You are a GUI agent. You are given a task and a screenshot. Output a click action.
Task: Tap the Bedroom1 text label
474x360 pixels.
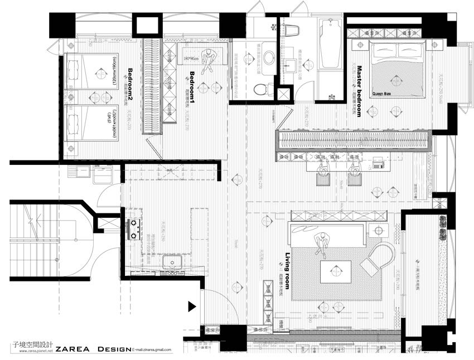[x=193, y=87]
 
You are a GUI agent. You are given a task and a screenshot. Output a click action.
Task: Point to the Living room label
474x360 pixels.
[x=288, y=270]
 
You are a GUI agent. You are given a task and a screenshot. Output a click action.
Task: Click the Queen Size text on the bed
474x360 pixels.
[x=382, y=94]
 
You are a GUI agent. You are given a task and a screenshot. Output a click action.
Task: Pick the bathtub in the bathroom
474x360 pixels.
[x=331, y=44]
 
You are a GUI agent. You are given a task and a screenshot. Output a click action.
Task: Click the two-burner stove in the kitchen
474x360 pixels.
[x=134, y=229]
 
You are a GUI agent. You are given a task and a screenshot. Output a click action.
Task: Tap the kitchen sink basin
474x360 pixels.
[x=172, y=261]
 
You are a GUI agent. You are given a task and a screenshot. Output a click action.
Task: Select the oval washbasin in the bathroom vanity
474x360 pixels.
[x=269, y=58]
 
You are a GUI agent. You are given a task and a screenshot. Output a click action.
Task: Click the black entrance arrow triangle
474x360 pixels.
[x=192, y=306]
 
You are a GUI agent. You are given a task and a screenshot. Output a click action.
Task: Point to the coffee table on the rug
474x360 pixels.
[x=335, y=271]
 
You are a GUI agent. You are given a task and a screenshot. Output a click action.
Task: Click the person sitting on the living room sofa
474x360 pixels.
[x=321, y=243]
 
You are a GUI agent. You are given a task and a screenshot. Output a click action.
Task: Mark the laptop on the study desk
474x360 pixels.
[x=379, y=163]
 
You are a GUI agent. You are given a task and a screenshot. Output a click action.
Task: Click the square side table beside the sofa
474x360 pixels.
[x=379, y=230]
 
